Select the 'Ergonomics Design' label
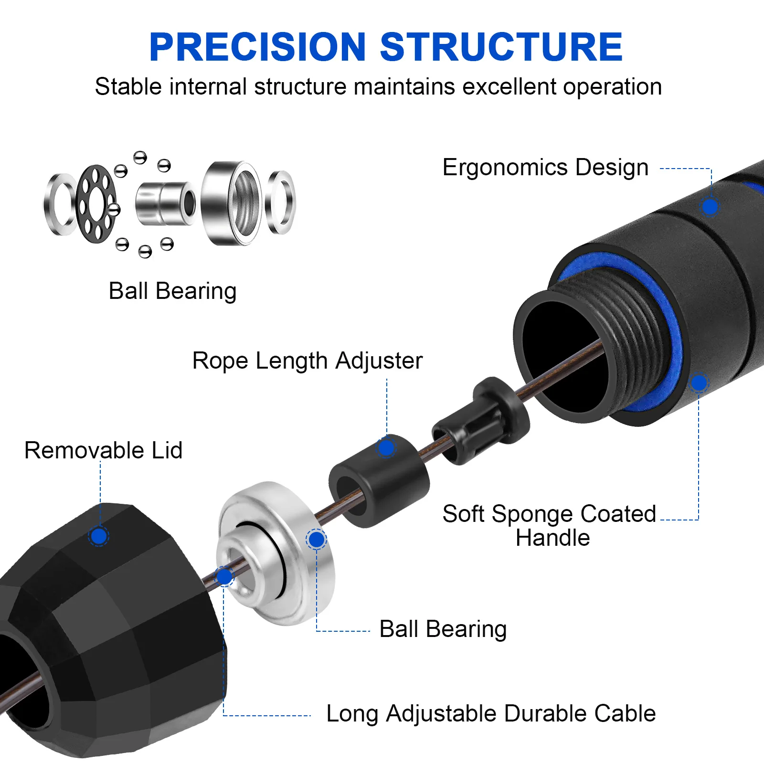click(545, 168)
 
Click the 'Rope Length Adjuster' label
click(307, 361)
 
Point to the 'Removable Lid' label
click(103, 450)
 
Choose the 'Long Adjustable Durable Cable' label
click(491, 714)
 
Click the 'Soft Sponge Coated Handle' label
click(549, 525)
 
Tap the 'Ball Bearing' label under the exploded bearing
click(172, 291)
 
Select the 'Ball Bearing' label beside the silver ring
click(443, 629)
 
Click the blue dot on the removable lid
click(99, 536)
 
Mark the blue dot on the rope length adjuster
click(386, 447)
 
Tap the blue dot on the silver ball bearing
click(316, 540)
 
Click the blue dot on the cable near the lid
click(224, 577)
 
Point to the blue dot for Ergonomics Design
click(710, 207)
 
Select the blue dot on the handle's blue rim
click(699, 382)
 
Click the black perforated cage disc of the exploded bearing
click(95, 204)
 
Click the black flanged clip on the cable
click(482, 420)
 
